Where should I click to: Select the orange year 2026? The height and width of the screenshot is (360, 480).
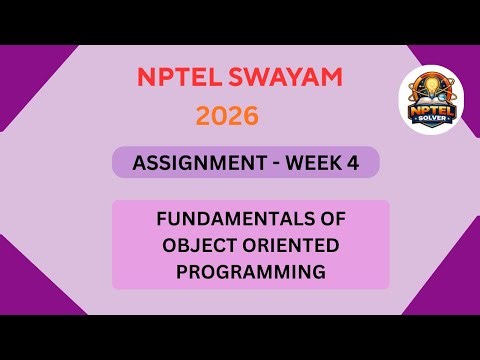pyautogui.click(x=227, y=116)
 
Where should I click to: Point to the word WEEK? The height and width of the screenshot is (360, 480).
pyautogui.click(x=314, y=162)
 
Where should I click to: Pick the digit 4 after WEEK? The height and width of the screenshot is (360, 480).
pyautogui.click(x=353, y=162)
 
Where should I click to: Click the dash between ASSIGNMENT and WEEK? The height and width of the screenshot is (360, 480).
pyautogui.click(x=269, y=162)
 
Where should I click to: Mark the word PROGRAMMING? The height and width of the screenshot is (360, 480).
pyautogui.click(x=250, y=270)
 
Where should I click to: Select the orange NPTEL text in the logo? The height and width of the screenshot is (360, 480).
pyautogui.click(x=431, y=109)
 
